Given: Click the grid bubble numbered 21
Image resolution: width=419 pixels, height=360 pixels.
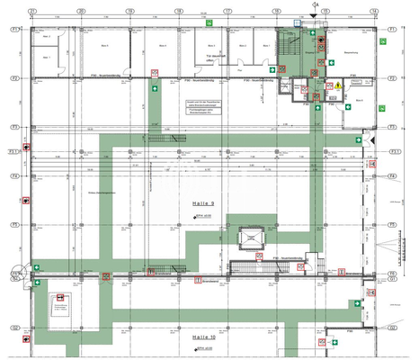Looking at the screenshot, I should click(x=32, y=12).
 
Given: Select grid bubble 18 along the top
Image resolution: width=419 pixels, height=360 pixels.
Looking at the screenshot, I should click(x=178, y=12).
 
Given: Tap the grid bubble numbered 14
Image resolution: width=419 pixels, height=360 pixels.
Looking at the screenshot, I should click(x=373, y=12).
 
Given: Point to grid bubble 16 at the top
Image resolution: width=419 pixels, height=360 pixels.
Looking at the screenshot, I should click(x=276, y=12).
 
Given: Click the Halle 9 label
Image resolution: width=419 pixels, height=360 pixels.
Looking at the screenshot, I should click(x=206, y=205).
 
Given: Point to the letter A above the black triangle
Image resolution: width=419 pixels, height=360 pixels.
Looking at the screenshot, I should click(x=316, y=4).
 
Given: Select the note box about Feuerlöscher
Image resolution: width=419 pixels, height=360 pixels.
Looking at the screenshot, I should click(x=203, y=109).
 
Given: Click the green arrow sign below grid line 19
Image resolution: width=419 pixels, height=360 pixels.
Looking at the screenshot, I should click(x=156, y=90).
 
